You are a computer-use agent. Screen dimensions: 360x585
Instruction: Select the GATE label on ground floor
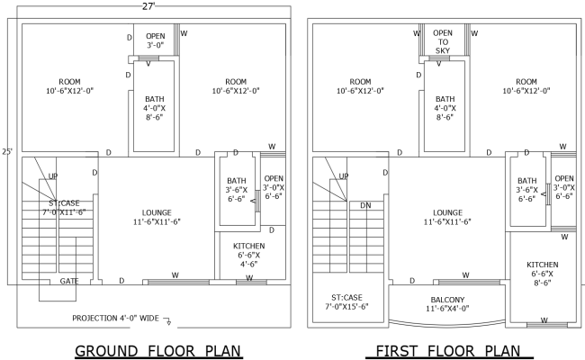click(x=69, y=281)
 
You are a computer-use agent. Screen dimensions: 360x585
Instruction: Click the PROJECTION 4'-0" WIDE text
click(x=116, y=318)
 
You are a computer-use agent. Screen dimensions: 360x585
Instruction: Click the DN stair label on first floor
click(x=364, y=205)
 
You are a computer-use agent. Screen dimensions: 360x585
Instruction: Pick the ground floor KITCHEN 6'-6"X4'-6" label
click(x=247, y=255)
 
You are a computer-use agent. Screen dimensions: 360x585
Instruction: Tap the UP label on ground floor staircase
click(x=53, y=176)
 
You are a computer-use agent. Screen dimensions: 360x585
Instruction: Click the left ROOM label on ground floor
click(x=70, y=86)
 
